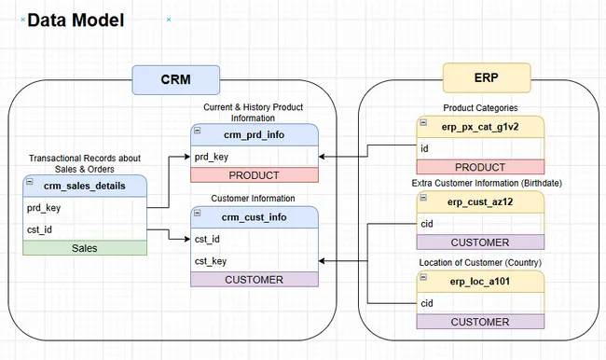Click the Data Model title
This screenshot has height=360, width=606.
[76, 19]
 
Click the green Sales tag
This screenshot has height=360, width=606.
[84, 248]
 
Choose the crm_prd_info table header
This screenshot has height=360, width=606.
[255, 135]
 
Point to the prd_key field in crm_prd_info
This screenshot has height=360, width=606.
[212, 157]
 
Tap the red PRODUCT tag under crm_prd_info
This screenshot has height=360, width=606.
[255, 175]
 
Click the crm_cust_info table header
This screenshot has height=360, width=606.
[255, 217]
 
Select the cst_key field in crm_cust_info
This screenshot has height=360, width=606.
[213, 261]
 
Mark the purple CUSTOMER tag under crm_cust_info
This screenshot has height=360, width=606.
[255, 280]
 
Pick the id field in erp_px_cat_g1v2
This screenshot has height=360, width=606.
[425, 147]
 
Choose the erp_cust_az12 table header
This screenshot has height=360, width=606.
[480, 201]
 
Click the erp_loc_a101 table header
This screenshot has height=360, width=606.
[480, 282]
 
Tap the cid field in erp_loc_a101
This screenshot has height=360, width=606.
[428, 303]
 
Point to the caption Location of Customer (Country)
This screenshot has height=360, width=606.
[480, 262]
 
